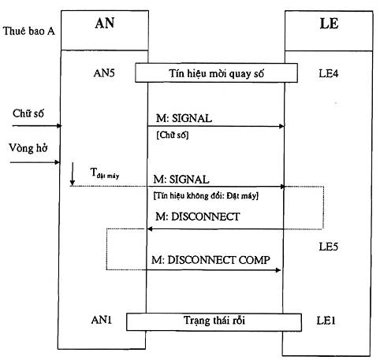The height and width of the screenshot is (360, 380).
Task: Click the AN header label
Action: (105, 23)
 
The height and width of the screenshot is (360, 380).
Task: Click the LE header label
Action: (329, 24)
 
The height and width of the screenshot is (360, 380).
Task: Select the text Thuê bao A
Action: (29, 31)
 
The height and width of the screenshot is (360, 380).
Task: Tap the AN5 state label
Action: (104, 73)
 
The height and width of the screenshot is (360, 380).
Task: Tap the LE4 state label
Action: (329, 73)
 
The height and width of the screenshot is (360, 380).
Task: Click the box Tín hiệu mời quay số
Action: (216, 72)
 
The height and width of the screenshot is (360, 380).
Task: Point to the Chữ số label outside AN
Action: (28, 113)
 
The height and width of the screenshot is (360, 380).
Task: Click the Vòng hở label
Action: (28, 148)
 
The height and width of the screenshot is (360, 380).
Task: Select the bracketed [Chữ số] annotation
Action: (173, 135)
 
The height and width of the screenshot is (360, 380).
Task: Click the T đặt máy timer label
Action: (105, 173)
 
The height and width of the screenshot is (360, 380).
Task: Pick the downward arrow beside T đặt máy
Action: (73, 174)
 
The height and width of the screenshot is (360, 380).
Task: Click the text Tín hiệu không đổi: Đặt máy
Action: (206, 195)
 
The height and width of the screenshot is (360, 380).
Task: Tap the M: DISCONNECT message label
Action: (197, 217)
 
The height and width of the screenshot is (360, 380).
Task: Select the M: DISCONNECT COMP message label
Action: (210, 260)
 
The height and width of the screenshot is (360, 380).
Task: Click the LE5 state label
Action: (328, 247)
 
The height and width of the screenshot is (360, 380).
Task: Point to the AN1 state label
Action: (102, 320)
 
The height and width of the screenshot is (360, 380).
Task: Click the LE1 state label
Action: (326, 321)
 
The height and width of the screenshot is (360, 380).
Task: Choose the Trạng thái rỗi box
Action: (214, 321)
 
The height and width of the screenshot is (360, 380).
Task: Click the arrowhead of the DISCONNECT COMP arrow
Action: (278, 270)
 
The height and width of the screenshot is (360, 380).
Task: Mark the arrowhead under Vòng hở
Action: (57, 162)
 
